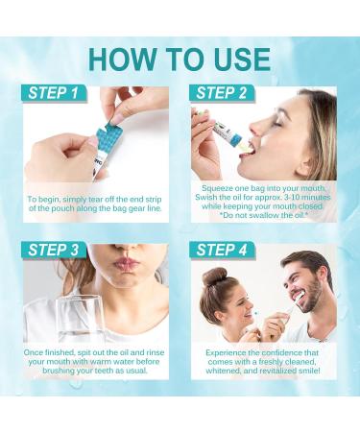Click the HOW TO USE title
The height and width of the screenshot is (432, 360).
180,57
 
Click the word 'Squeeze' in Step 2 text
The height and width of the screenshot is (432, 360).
217,189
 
